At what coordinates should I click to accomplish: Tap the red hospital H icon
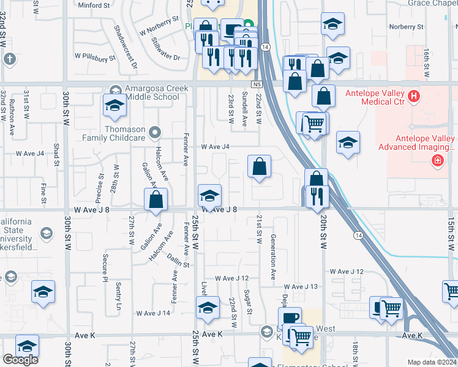[x=414, y=96]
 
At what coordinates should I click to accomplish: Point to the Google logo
[x=20, y=359]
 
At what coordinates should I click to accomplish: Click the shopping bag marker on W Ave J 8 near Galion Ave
[x=156, y=199]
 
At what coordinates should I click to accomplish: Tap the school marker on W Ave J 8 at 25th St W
[x=209, y=196]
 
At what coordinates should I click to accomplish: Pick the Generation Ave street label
[x=273, y=250]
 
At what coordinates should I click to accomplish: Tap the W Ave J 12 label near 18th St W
[x=347, y=271]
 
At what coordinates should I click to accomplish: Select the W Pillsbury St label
[x=95, y=57]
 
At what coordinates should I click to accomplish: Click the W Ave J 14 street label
[x=153, y=313]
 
